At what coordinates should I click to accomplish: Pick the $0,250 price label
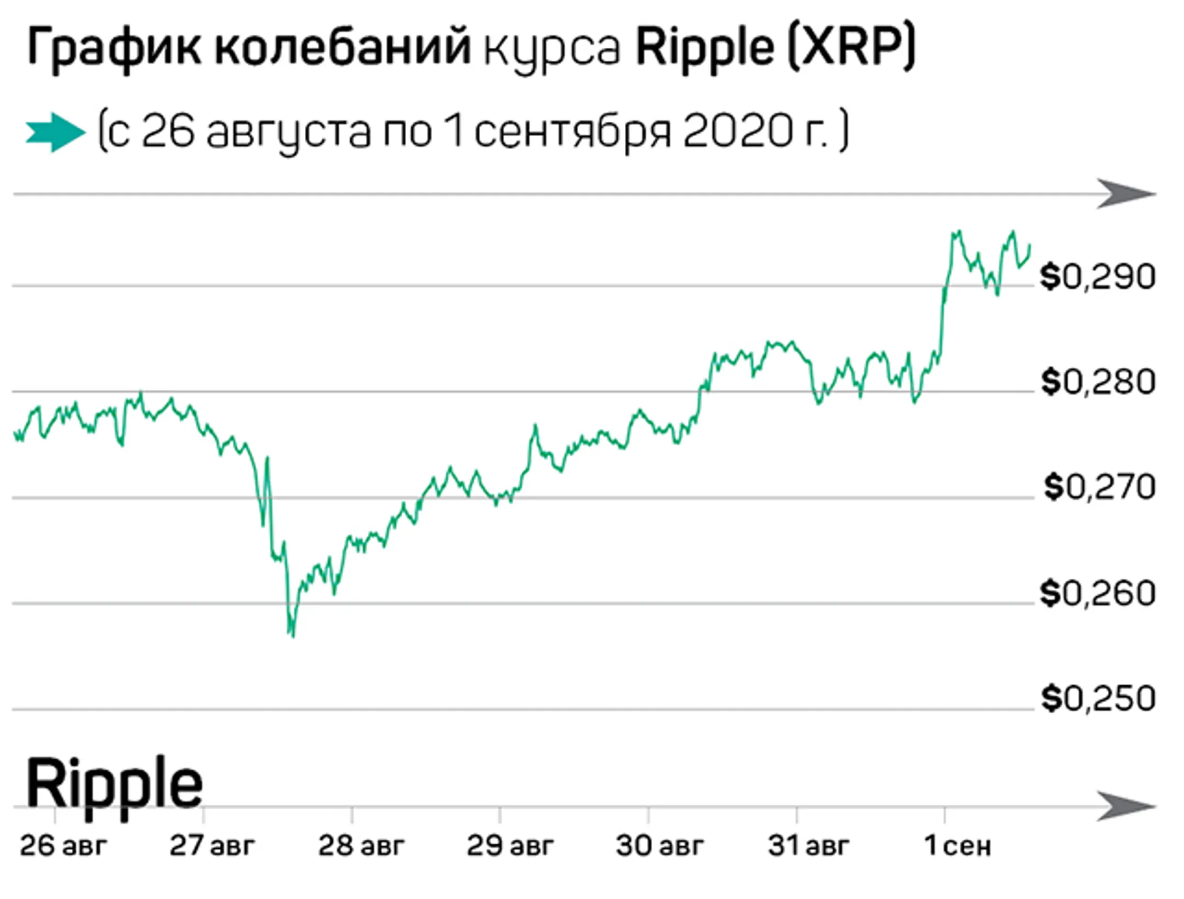1097,698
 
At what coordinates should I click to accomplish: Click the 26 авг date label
62,846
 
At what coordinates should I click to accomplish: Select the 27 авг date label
212,846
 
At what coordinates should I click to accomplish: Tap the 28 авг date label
361,846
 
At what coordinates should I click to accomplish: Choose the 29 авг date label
510,846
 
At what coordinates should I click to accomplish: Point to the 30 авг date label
659,846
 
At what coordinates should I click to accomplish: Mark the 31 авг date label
808,846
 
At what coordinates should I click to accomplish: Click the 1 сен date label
957,846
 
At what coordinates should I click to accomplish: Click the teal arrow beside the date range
55,132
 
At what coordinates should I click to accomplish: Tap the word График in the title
113,48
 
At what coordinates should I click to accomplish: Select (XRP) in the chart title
851,48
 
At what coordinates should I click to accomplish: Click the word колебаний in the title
343,48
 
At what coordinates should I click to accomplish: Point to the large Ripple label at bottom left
114,784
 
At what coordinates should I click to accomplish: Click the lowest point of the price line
293,636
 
